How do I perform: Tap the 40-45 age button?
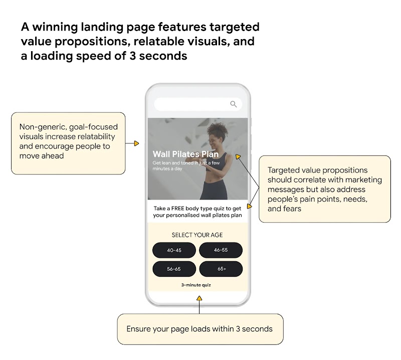174,250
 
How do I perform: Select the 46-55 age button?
221,250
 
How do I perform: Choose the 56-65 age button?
174,269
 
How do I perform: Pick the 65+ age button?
221,269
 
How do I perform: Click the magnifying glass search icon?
233,104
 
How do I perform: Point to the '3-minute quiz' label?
196,285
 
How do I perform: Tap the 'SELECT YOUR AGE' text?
197,235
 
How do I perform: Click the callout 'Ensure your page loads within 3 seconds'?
199,329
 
